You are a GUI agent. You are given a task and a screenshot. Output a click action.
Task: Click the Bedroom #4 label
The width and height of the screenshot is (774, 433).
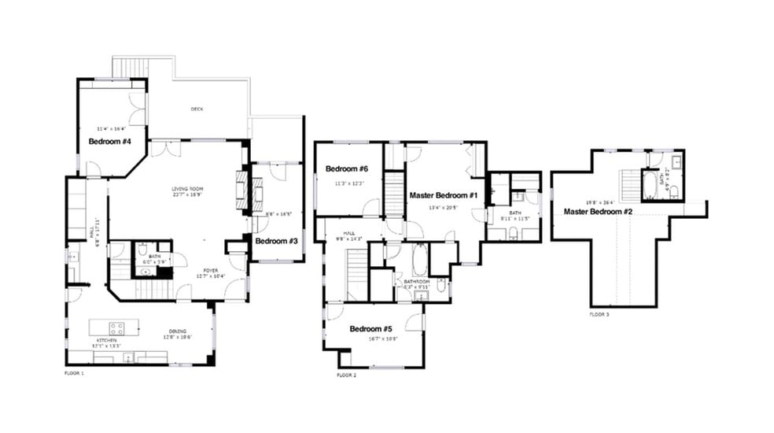click(109, 142)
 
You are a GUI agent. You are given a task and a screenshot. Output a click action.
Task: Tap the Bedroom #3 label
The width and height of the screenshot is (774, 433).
click(276, 241)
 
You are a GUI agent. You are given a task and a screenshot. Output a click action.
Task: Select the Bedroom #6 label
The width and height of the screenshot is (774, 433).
click(347, 168)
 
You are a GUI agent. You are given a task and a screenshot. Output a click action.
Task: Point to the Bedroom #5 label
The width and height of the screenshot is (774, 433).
click(370, 328)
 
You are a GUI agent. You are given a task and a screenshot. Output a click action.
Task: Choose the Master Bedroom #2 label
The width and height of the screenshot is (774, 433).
click(599, 211)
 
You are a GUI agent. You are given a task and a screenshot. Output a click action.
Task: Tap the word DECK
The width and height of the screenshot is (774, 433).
click(197, 109)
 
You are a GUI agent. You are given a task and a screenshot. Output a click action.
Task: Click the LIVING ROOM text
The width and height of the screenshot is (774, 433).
click(188, 189)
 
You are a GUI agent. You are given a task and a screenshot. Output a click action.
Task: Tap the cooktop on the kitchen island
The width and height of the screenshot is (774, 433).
click(118, 325)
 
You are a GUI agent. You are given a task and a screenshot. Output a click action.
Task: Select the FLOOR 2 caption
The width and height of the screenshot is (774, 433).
click(346, 376)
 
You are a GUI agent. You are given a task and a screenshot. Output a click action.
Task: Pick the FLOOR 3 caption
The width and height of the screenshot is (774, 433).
click(599, 314)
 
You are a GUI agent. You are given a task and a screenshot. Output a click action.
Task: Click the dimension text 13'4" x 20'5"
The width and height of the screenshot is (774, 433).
click(443, 208)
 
